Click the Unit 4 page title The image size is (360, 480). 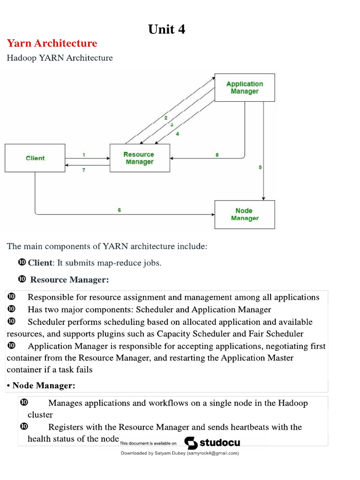166,29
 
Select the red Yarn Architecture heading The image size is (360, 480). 52,44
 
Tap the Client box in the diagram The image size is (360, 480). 35,158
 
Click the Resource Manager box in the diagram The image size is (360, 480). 139,158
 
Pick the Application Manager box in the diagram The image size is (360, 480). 245,88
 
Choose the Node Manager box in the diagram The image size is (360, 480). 245,215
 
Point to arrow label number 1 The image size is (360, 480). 83,155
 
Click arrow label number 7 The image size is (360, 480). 84,170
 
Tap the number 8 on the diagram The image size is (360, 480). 217,155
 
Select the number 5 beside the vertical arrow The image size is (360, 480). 260,167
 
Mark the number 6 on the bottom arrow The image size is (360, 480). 119,210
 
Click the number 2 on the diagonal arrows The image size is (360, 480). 165,118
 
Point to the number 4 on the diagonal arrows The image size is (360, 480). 177,134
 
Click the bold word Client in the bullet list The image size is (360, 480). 40,263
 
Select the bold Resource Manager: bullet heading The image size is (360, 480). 69,280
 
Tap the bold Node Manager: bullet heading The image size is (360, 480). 44,385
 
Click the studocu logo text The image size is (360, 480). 220,443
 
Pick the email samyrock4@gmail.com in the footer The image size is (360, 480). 213,453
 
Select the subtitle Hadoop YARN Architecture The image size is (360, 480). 60,58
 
